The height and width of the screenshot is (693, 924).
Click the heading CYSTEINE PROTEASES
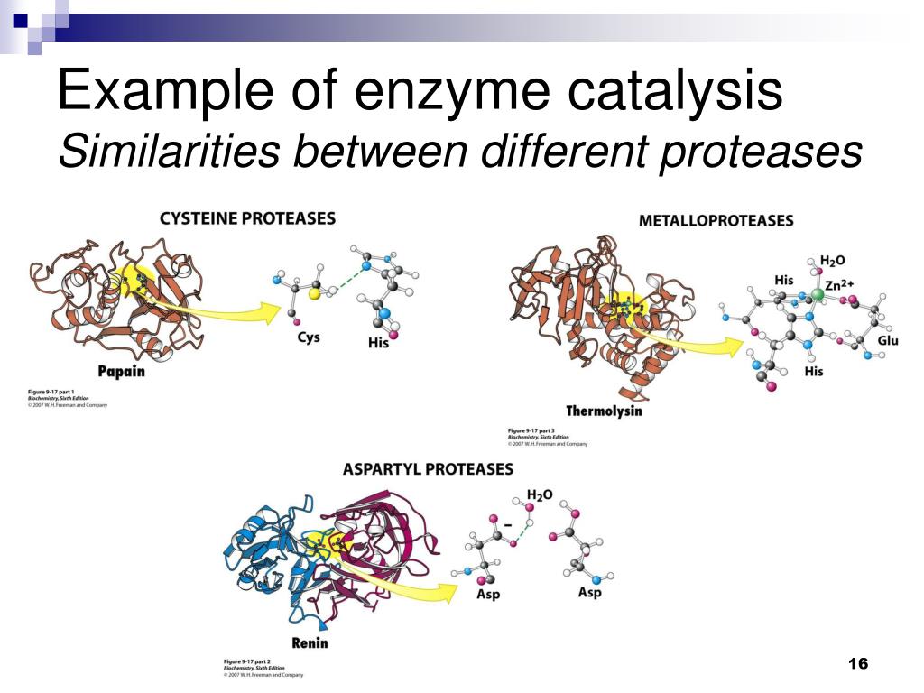tap(247, 218)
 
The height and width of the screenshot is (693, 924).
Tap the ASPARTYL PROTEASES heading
tap(428, 469)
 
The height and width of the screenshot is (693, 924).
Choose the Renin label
tap(310, 642)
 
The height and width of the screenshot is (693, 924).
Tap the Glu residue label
tap(888, 340)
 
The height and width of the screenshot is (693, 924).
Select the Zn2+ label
tap(840, 285)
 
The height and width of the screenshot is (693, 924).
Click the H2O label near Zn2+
tap(831, 260)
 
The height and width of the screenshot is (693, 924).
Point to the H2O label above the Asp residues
tap(540, 494)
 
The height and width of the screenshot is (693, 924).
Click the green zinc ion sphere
tap(818, 294)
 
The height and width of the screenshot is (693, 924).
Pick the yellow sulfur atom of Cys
tap(314, 293)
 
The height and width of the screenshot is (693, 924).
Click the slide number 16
tap(857, 664)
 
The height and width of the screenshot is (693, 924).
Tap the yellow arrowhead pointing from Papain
tap(268, 313)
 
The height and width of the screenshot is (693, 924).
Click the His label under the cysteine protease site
tap(378, 343)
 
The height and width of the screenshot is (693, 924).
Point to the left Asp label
tap(487, 595)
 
